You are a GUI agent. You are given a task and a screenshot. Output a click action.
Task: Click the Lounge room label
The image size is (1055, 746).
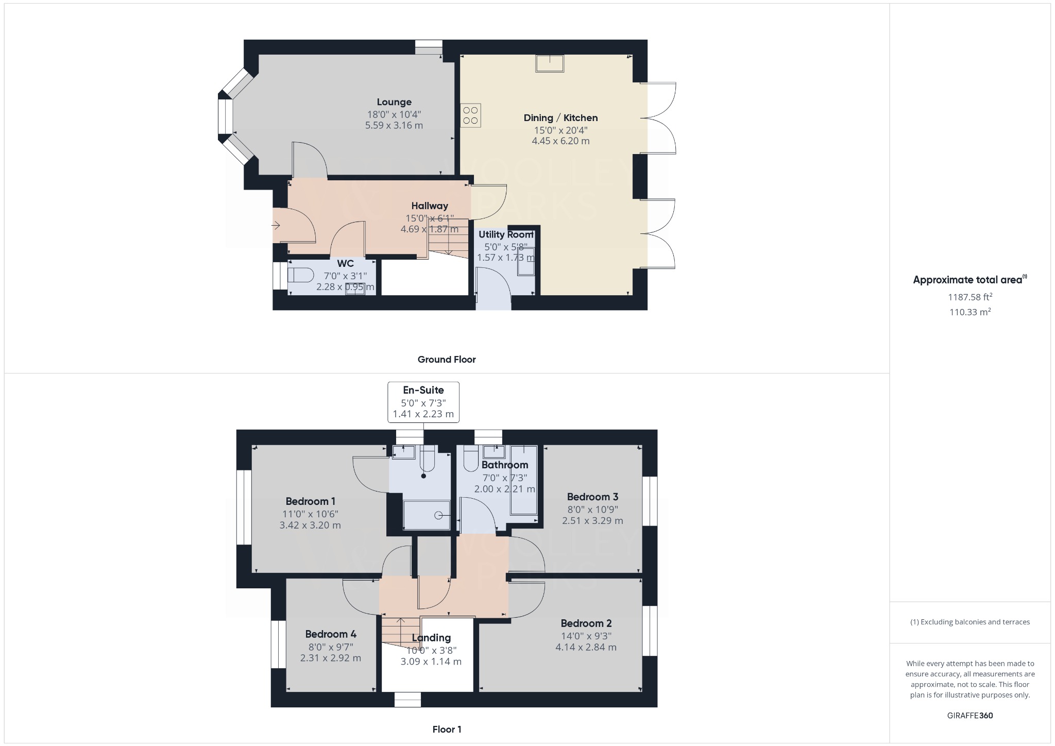tap(394, 102)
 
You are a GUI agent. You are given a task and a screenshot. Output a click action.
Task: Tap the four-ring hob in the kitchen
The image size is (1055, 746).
tap(470, 115)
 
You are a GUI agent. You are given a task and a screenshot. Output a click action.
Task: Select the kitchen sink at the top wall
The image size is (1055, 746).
tap(550, 63)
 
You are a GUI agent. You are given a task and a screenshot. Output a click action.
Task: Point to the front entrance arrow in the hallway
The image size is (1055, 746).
tap(276, 225)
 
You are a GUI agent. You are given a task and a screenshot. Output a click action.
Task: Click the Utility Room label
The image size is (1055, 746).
tap(506, 234)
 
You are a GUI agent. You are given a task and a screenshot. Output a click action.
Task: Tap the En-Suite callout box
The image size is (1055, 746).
tap(423, 402)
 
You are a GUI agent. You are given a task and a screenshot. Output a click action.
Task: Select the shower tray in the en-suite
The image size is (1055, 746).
tap(426, 515)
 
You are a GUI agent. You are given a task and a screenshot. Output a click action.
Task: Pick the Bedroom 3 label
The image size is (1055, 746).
tap(592, 497)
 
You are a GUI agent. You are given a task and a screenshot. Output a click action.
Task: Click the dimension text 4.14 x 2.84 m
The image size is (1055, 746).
tap(586, 647)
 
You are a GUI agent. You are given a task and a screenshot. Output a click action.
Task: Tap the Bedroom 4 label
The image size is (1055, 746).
tap(331, 634)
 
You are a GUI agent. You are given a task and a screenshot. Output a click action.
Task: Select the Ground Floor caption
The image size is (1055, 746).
tap(447, 360)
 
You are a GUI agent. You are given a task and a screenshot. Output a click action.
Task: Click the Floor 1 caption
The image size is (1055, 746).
tap(447, 729)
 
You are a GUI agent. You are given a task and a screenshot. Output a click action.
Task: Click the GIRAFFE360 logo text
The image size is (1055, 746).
tap(970, 715)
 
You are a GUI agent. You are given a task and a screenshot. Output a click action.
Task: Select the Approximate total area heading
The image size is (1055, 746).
tap(968, 280)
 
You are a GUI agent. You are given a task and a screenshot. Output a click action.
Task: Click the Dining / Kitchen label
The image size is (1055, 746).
tap(560, 118)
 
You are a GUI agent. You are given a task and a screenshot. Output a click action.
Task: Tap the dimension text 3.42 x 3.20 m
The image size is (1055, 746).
tap(310, 525)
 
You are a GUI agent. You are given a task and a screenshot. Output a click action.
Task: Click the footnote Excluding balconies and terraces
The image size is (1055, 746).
tap(970, 622)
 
